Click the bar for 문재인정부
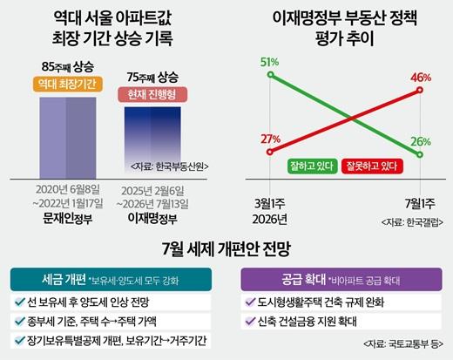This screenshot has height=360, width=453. pyautogui.click(x=68, y=138)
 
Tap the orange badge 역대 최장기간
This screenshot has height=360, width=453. pyautogui.click(x=68, y=85)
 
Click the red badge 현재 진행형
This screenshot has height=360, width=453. pyautogui.click(x=152, y=94)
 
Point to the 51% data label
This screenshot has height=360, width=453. pyautogui.click(x=269, y=62)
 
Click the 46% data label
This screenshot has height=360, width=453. pyautogui.click(x=421, y=78)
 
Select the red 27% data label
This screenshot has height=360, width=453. pyautogui.click(x=270, y=139)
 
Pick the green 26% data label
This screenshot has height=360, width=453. pyautogui.click(x=421, y=142)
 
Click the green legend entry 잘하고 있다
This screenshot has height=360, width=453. pyautogui.click(x=312, y=166)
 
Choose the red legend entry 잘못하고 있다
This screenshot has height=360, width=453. pyautogui.click(x=372, y=166)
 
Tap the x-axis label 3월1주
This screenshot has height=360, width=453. pyautogui.click(x=270, y=203)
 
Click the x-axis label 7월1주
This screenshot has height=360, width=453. pyautogui.click(x=420, y=203)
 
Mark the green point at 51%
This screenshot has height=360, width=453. pyautogui.click(x=270, y=75)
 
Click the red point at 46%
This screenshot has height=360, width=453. pyautogui.click(x=420, y=90)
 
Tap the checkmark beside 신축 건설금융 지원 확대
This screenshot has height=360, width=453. pyautogui.click(x=250, y=321)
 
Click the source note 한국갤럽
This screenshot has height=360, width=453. pyautogui.click(x=412, y=222)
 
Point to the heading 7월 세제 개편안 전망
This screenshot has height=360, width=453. pyautogui.click(x=226, y=249)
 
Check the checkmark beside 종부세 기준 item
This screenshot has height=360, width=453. pyautogui.click(x=20, y=321)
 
